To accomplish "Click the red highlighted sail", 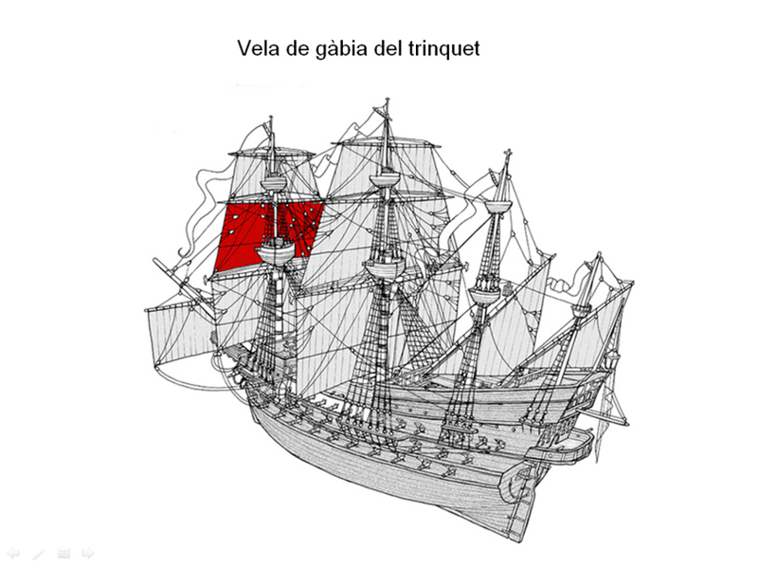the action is (268, 234).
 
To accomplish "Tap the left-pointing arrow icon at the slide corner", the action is (13, 553).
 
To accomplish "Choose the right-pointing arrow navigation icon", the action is (87, 553).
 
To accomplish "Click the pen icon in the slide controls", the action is (38, 553).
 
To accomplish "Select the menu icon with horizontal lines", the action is (63, 553).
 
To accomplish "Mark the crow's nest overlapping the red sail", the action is (276, 251).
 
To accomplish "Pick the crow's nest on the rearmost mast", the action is (582, 310).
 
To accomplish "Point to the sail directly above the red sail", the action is (272, 176).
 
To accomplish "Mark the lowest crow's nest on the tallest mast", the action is (385, 268).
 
